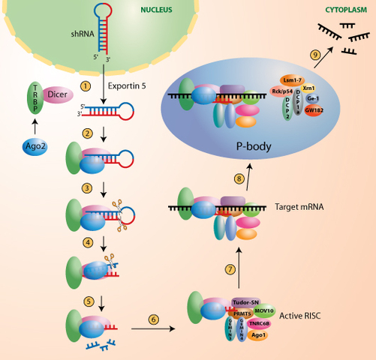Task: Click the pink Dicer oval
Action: tap(58, 94)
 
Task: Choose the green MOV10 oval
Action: tap(264, 309)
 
